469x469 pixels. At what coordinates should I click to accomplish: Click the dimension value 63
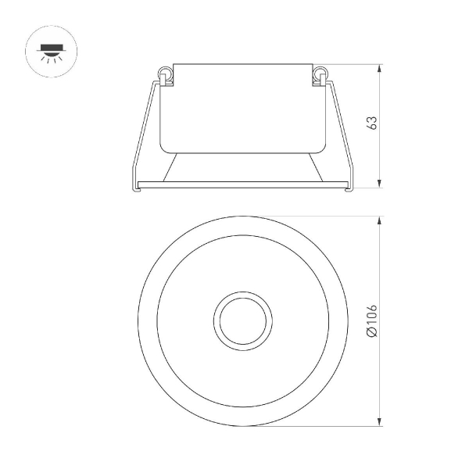(372, 124)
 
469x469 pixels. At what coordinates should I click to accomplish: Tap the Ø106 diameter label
(372, 320)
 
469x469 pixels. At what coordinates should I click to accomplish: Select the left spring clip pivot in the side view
(165, 75)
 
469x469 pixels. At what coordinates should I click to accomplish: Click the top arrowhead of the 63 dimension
(380, 68)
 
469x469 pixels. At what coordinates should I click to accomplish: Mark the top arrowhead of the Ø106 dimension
(380, 220)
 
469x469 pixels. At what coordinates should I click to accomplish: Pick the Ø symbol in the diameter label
(372, 335)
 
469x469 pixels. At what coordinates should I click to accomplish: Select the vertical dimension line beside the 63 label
(380, 156)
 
